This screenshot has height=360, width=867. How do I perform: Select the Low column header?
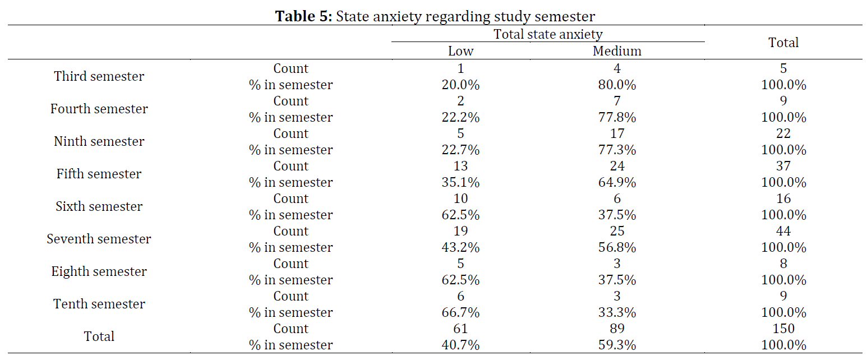pyautogui.click(x=460, y=51)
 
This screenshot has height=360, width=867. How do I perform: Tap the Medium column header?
pyautogui.click(x=617, y=51)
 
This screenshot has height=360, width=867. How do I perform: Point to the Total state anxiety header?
pyautogui.click(x=548, y=34)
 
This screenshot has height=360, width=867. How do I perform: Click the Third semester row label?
pyautogui.click(x=99, y=76)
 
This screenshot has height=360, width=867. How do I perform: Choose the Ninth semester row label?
pyautogui.click(x=99, y=141)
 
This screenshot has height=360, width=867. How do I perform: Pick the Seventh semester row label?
pyautogui.click(x=99, y=239)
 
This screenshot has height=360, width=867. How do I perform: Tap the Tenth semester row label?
pyautogui.click(x=99, y=304)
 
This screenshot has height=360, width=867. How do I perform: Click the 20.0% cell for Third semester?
pyautogui.click(x=460, y=85)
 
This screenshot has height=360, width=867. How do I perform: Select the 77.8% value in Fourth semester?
pyautogui.click(x=617, y=117)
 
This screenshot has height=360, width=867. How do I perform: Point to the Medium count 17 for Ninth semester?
pyautogui.click(x=617, y=133)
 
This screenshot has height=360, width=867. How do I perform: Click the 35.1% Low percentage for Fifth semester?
pyautogui.click(x=460, y=182)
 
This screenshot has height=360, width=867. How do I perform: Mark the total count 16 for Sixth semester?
pyautogui.click(x=783, y=199)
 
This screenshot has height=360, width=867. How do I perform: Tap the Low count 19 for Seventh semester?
pyautogui.click(x=460, y=231)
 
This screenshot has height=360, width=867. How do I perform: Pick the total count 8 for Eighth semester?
pyautogui.click(x=783, y=264)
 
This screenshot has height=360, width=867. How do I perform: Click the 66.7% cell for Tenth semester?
pyautogui.click(x=460, y=312)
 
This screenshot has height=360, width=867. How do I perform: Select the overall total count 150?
pyautogui.click(x=783, y=329)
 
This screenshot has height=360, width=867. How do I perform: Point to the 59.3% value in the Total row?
pyautogui.click(x=617, y=345)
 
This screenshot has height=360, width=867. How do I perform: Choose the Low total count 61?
pyautogui.click(x=460, y=329)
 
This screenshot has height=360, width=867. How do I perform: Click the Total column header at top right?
pyautogui.click(x=783, y=43)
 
